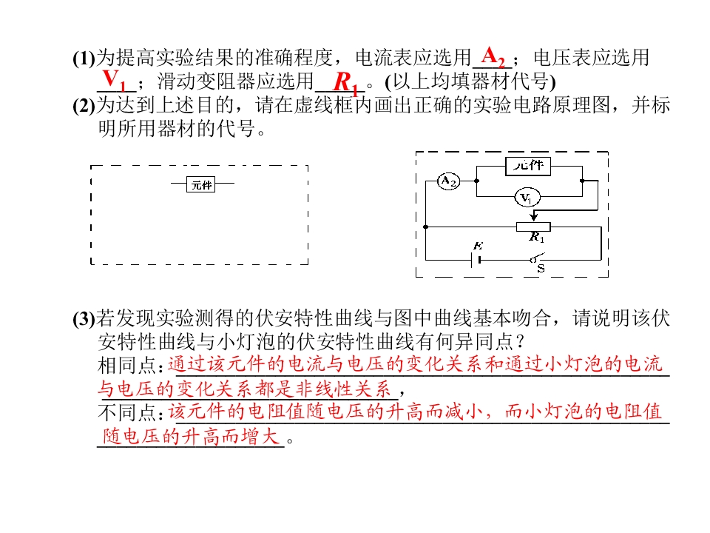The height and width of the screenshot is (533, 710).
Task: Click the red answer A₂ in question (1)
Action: click(x=493, y=57)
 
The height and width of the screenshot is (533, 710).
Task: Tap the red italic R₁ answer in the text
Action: click(x=345, y=83)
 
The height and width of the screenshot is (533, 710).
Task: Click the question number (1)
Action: click(x=84, y=58)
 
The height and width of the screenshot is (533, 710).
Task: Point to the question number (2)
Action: click(x=84, y=106)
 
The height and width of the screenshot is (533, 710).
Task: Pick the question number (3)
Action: click(x=84, y=318)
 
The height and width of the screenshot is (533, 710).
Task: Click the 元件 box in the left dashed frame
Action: click(x=201, y=184)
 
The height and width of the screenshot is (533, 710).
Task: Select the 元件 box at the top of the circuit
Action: click(x=528, y=165)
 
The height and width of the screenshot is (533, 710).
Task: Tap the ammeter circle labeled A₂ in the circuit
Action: click(x=448, y=181)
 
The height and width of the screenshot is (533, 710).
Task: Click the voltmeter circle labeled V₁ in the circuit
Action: click(x=527, y=198)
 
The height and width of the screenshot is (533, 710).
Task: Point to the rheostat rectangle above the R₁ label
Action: click(x=533, y=227)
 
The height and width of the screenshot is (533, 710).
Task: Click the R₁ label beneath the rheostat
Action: click(x=537, y=237)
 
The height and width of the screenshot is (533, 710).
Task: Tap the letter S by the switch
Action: click(x=541, y=269)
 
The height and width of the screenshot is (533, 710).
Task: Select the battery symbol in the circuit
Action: click(x=476, y=260)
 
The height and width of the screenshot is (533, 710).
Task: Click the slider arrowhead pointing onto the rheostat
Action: click(x=534, y=217)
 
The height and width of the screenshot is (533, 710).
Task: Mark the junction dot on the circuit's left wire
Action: click(x=426, y=227)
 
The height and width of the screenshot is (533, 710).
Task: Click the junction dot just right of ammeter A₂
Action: click(x=476, y=181)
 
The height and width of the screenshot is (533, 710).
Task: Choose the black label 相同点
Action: click(x=130, y=365)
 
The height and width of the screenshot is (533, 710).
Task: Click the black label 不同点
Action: click(x=130, y=412)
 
